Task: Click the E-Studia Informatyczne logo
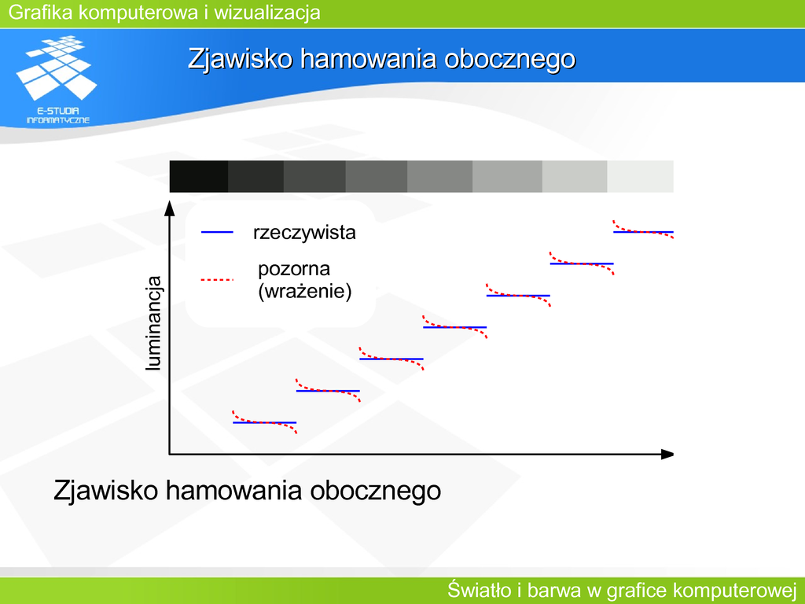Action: click(57, 79)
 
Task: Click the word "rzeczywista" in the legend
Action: click(304, 233)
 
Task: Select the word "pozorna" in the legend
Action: click(294, 269)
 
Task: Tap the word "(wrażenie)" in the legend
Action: click(305, 292)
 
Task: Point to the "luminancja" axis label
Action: click(153, 323)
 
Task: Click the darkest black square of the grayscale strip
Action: click(199, 176)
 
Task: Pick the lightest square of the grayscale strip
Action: click(640, 176)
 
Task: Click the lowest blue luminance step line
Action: click(265, 422)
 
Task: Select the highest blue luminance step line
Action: click(643, 232)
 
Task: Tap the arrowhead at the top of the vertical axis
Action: click(170, 208)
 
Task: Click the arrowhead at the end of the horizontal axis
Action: click(667, 454)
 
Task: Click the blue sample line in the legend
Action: click(217, 233)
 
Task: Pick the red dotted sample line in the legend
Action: click(217, 280)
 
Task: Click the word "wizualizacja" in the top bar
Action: click(267, 13)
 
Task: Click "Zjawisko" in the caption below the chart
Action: click(106, 491)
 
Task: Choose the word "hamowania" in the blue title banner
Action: click(369, 58)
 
